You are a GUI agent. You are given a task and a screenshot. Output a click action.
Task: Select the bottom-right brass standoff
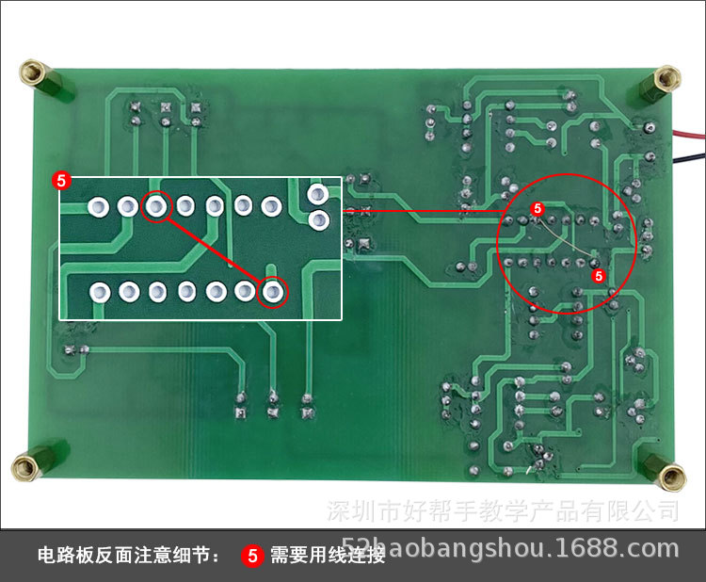point(670,476)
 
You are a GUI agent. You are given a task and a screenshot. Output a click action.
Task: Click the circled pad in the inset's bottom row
point(272,292)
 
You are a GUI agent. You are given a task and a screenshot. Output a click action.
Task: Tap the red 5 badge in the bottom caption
point(252,555)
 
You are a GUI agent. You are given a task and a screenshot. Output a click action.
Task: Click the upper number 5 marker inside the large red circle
point(538,207)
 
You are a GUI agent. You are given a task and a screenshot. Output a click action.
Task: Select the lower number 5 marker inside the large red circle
point(597,275)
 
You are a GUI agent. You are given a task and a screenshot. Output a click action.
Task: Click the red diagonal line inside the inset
point(215,249)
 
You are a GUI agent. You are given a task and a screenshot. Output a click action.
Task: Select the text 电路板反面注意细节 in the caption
point(126,555)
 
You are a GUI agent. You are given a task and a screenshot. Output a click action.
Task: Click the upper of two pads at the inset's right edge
point(318,195)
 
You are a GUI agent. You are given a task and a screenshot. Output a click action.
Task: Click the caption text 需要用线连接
point(328,555)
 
